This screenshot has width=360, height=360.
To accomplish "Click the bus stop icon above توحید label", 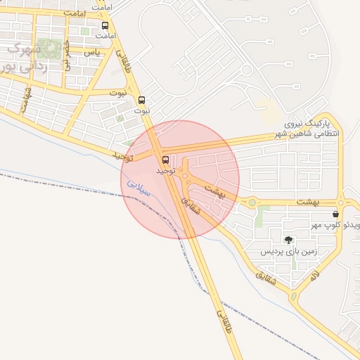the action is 165,160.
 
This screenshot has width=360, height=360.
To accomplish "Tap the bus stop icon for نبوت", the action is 142,100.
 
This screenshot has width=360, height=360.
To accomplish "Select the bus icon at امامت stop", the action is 105,25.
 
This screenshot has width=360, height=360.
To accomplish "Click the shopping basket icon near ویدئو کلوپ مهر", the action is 335,213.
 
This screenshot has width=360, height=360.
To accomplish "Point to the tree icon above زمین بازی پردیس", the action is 288,240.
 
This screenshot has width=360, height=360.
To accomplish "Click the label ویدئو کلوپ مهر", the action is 339,225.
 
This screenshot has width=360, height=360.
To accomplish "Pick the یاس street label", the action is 91,53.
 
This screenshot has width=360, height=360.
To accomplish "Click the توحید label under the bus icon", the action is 164,171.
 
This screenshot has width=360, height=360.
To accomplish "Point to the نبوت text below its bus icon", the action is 142,111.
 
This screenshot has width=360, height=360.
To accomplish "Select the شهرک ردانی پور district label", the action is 20,58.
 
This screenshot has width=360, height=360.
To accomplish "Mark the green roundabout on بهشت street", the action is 252,203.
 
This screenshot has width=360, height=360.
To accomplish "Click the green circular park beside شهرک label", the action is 48,48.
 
